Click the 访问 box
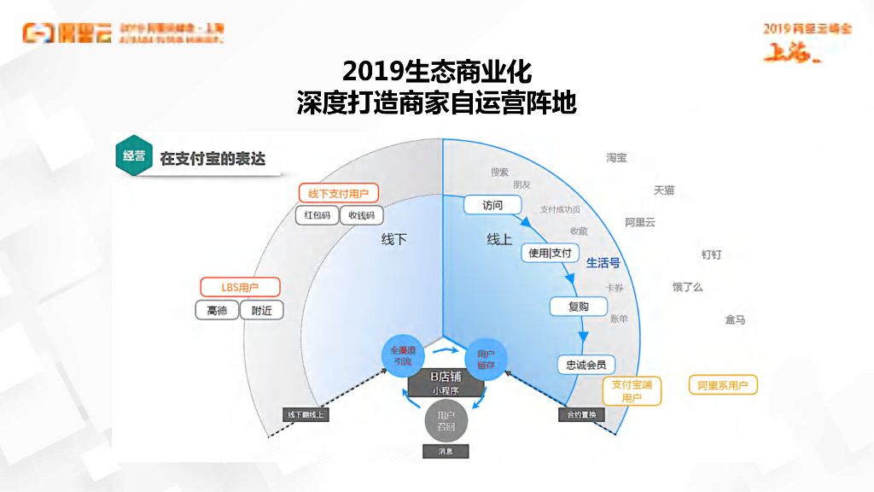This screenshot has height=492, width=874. pyautogui.click(x=492, y=205)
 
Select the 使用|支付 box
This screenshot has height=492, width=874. pyautogui.click(x=551, y=253)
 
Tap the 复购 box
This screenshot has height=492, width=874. pyautogui.click(x=578, y=307)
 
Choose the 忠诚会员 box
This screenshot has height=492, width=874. pyautogui.click(x=586, y=365)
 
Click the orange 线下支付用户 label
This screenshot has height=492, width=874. pyautogui.click(x=339, y=194)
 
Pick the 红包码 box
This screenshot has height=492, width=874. pyautogui.click(x=318, y=215)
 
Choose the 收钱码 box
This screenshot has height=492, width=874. pyautogui.click(x=362, y=215)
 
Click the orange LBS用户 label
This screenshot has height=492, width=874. pyautogui.click(x=240, y=288)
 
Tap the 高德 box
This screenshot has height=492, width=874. pyautogui.click(x=218, y=311)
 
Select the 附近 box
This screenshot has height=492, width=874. pyautogui.click(x=262, y=311)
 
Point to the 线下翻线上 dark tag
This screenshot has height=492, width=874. pyautogui.click(x=306, y=415)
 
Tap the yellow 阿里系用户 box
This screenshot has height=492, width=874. pyautogui.click(x=723, y=386)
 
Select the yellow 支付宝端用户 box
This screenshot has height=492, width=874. pyautogui.click(x=632, y=391)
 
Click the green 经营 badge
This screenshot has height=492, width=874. pyautogui.click(x=133, y=155)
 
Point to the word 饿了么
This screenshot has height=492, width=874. pyautogui.click(x=687, y=287)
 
